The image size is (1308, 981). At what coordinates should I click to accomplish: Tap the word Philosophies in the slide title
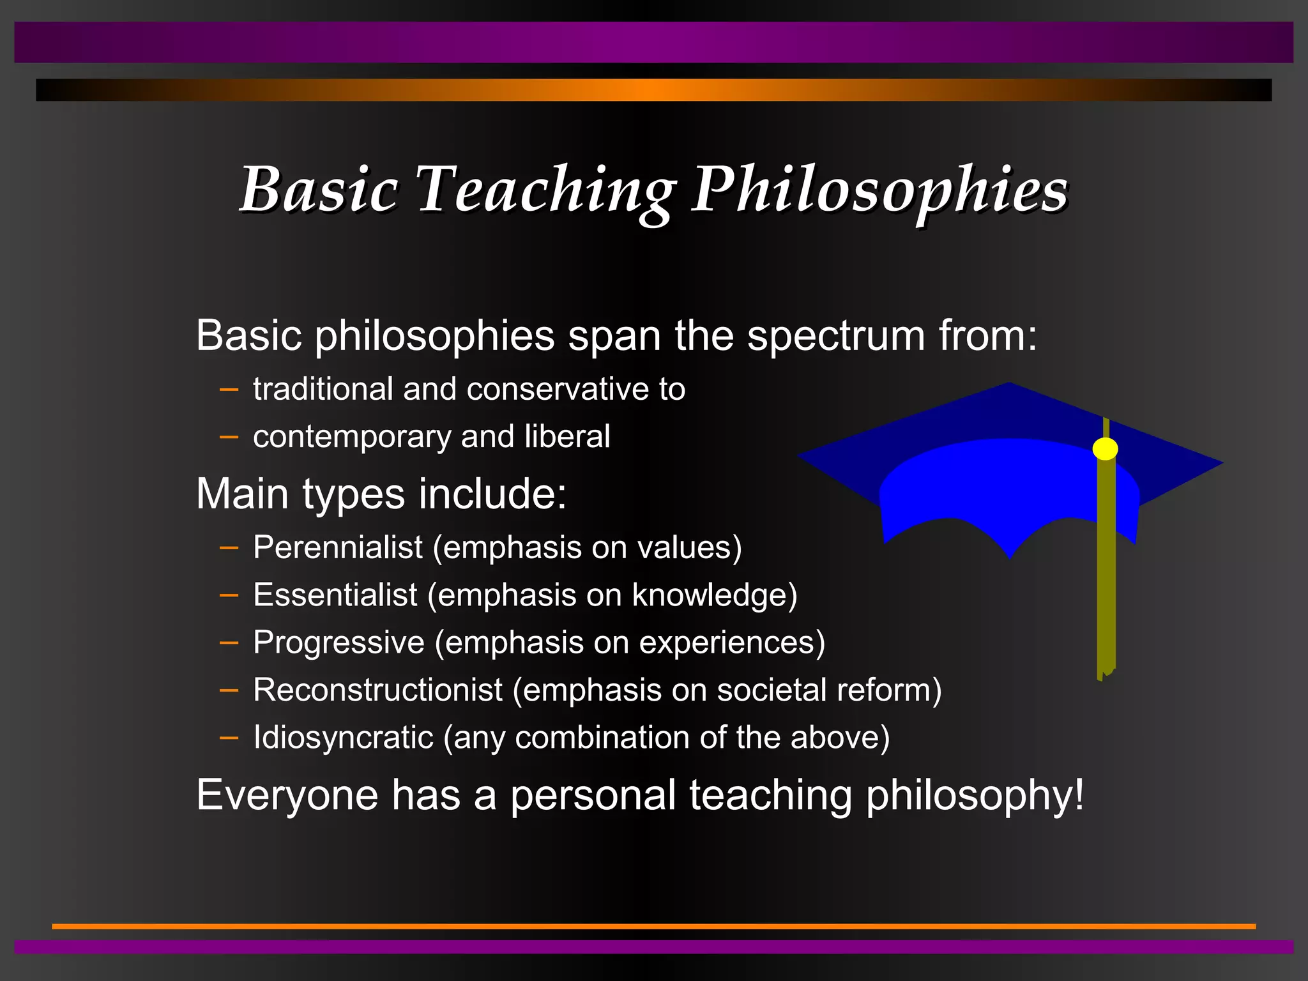pyautogui.click(x=880, y=190)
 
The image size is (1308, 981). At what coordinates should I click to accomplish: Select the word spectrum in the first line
pyautogui.click(x=835, y=336)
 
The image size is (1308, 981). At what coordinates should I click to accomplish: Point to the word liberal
pyautogui.click(x=567, y=437)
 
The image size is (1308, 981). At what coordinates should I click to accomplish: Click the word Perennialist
pyautogui.click(x=338, y=547)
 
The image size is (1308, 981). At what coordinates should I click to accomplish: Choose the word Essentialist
pyautogui.click(x=335, y=595)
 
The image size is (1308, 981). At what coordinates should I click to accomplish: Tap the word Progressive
pyautogui.click(x=338, y=643)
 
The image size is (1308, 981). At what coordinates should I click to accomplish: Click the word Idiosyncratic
pyautogui.click(x=343, y=737)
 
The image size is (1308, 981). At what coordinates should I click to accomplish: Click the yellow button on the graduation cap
pyautogui.click(x=1105, y=449)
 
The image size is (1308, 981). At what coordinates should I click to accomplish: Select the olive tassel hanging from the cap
pyautogui.click(x=1106, y=575)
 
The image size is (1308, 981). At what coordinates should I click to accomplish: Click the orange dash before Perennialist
pyautogui.click(x=229, y=548)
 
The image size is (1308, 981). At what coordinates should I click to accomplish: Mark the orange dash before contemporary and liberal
pyautogui.click(x=229, y=437)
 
